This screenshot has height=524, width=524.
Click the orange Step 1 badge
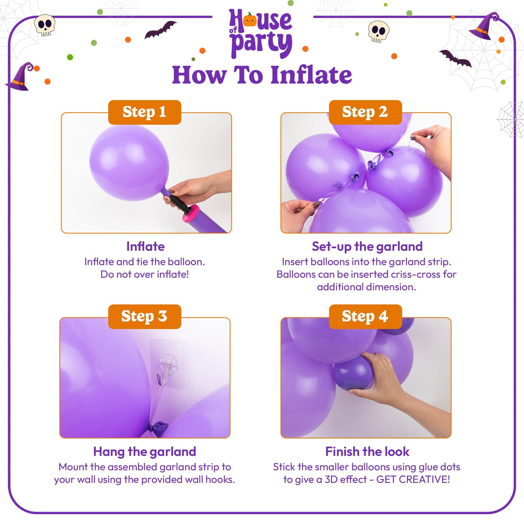click(144, 112)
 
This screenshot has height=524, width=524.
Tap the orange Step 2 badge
click(365, 112)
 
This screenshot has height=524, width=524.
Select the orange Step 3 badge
click(144, 317)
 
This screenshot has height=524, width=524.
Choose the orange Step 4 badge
click(365, 317)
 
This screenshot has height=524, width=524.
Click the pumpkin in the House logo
click(249, 20)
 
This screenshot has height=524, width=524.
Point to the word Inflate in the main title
click(311, 75)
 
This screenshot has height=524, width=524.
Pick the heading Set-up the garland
click(367, 247)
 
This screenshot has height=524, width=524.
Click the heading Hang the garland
click(144, 451)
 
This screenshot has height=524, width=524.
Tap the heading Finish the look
click(367, 451)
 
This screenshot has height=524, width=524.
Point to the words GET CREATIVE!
click(413, 479)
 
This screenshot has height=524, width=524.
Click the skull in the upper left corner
click(45, 25)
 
